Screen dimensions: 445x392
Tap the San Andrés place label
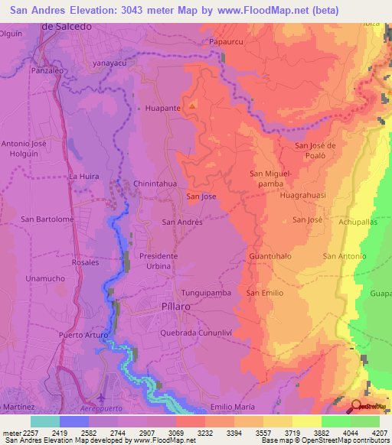point(182,222)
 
